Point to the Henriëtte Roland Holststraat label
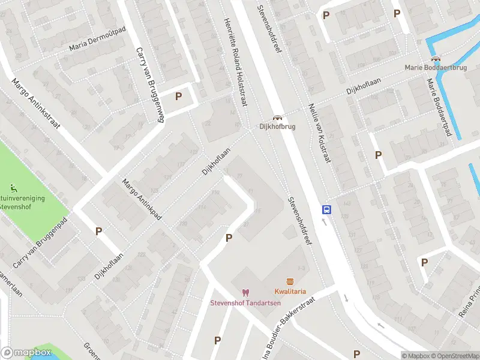pos(236,61)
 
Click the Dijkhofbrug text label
pos(277,127)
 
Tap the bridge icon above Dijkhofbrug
pos(277,118)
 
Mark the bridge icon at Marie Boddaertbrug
pos(436,59)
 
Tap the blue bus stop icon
pos(327,209)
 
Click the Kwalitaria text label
pos(290,292)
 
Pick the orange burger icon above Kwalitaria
pos(290,282)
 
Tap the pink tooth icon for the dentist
pos(245,292)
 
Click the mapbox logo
pos(26,353)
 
